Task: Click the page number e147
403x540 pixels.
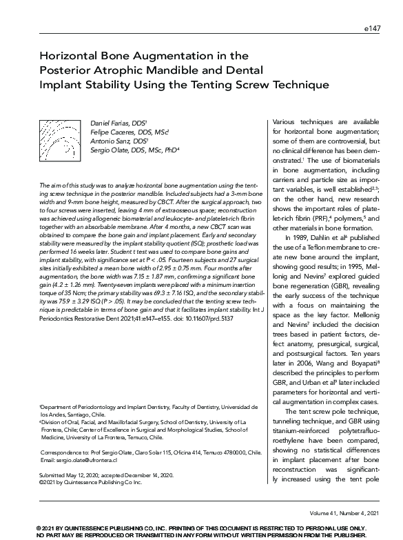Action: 373,30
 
